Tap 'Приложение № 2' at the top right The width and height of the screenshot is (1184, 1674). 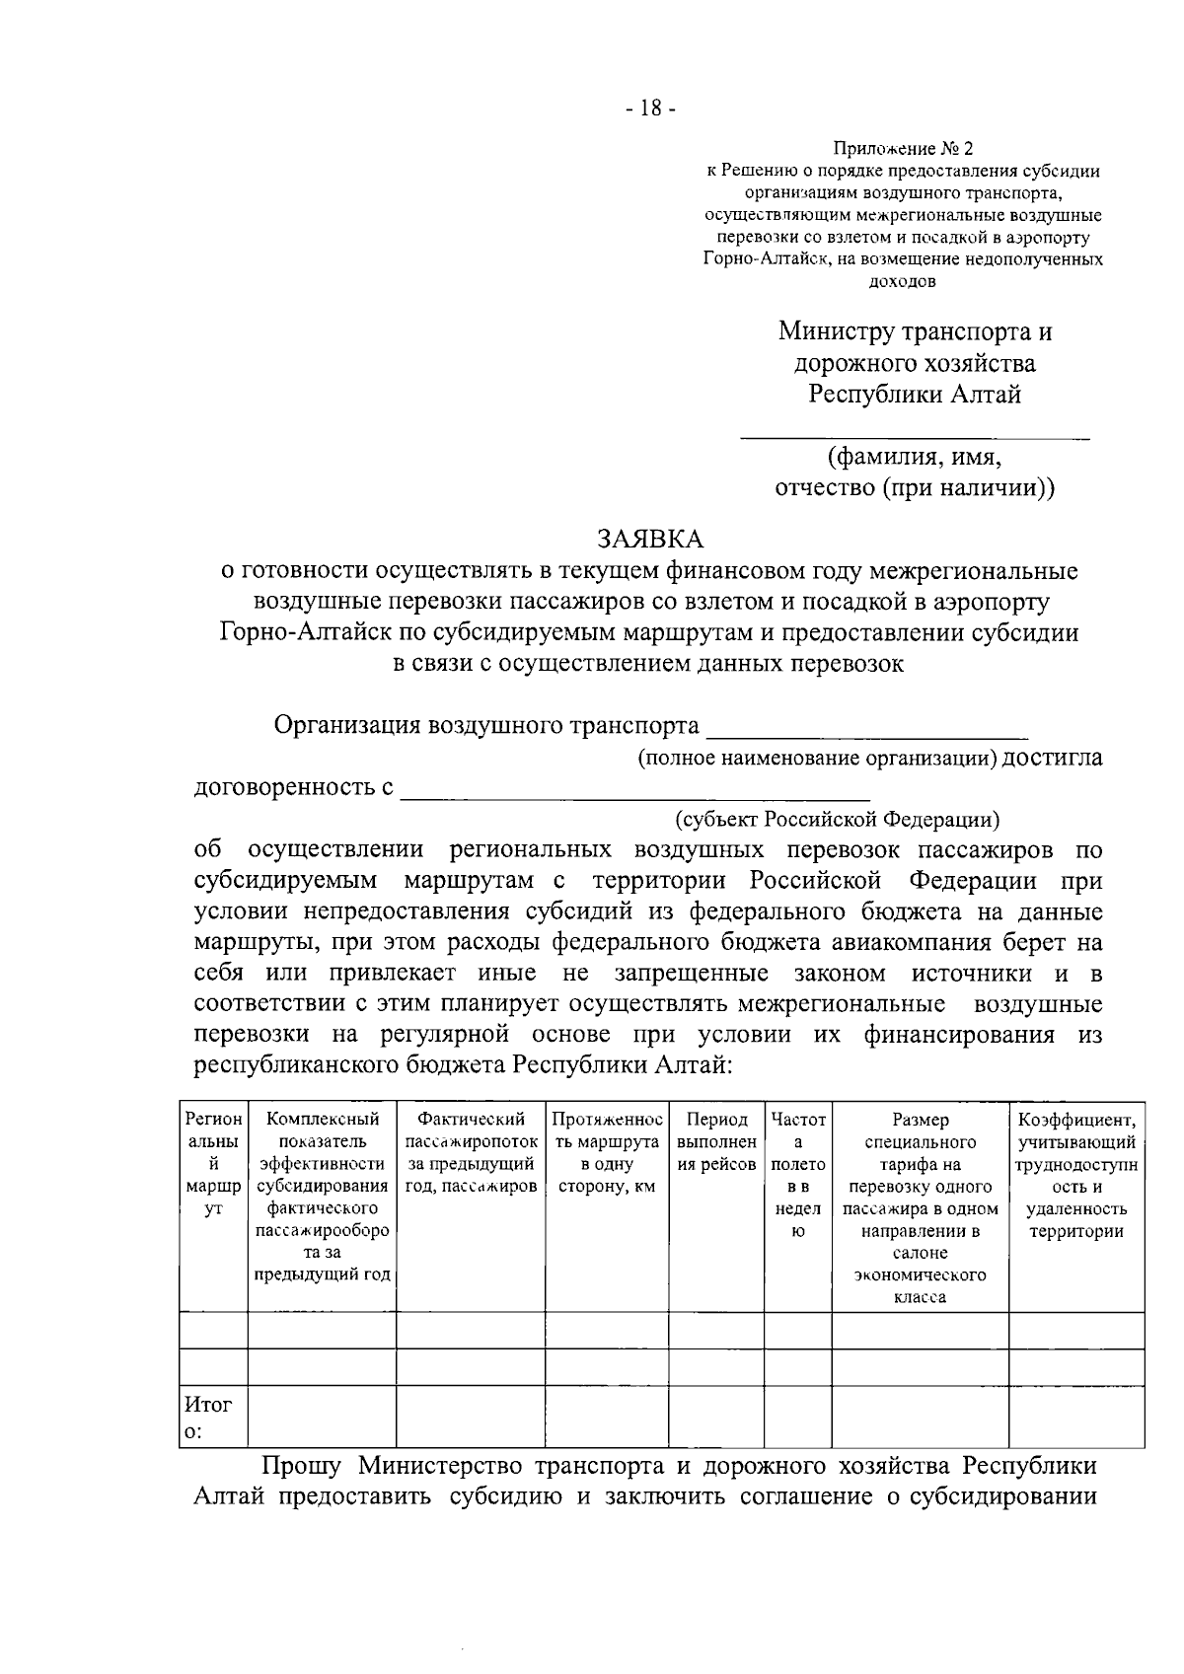[903, 149]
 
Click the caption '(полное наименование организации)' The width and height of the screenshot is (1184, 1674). [818, 758]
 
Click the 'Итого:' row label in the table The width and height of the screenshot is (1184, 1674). [208, 1417]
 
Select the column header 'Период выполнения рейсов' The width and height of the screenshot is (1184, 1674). [716, 1142]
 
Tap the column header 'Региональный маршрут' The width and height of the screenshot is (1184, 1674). [213, 1164]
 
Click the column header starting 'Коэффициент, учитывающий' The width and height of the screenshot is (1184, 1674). [1075, 1175]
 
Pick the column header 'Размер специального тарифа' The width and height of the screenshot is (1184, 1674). [920, 1207]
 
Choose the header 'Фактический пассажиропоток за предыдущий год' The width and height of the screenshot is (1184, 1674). [471, 1152]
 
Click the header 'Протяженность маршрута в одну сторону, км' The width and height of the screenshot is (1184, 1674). [606, 1152]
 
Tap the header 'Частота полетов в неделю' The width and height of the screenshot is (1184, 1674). [798, 1175]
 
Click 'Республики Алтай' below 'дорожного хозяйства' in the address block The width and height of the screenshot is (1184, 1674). [915, 395]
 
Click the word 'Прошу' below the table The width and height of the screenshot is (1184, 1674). [302, 1465]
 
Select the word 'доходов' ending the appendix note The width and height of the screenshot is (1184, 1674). [902, 281]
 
